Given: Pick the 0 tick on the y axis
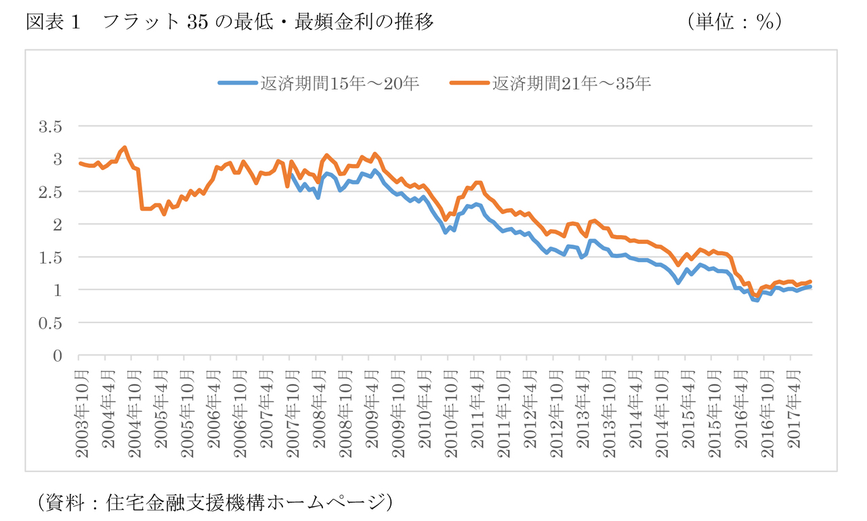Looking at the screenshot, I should pos(58,356).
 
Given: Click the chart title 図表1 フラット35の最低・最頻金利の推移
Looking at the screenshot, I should pos(230,22).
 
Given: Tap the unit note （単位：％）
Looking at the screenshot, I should pos(735,22).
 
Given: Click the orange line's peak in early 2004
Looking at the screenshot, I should pos(125,147).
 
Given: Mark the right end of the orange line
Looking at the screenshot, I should pos(811,281).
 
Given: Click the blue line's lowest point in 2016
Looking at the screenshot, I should pos(757,300).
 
